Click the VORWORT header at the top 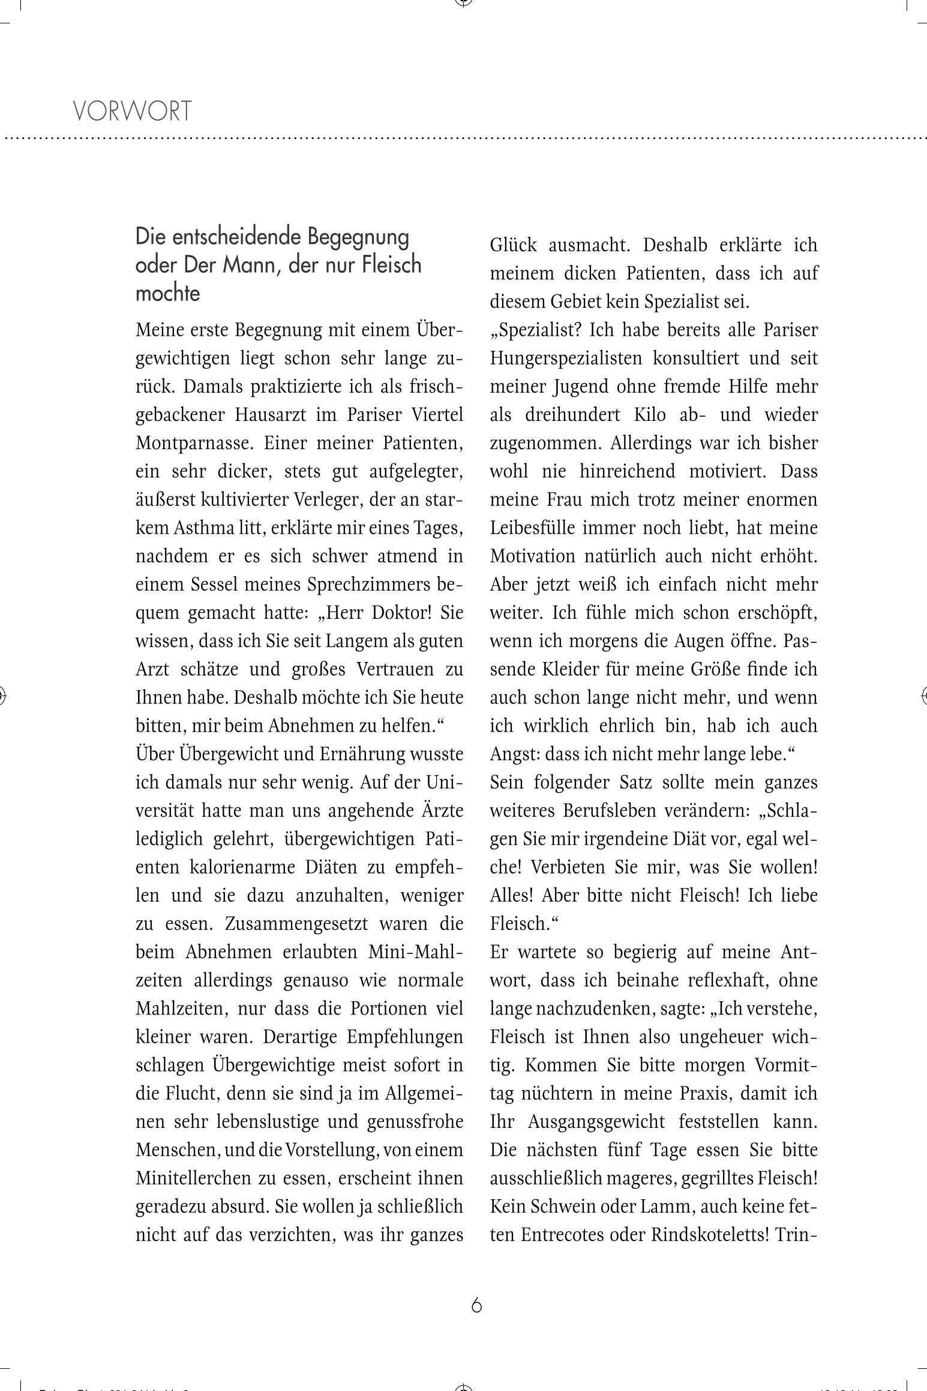132,112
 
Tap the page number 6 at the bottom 476,1305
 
